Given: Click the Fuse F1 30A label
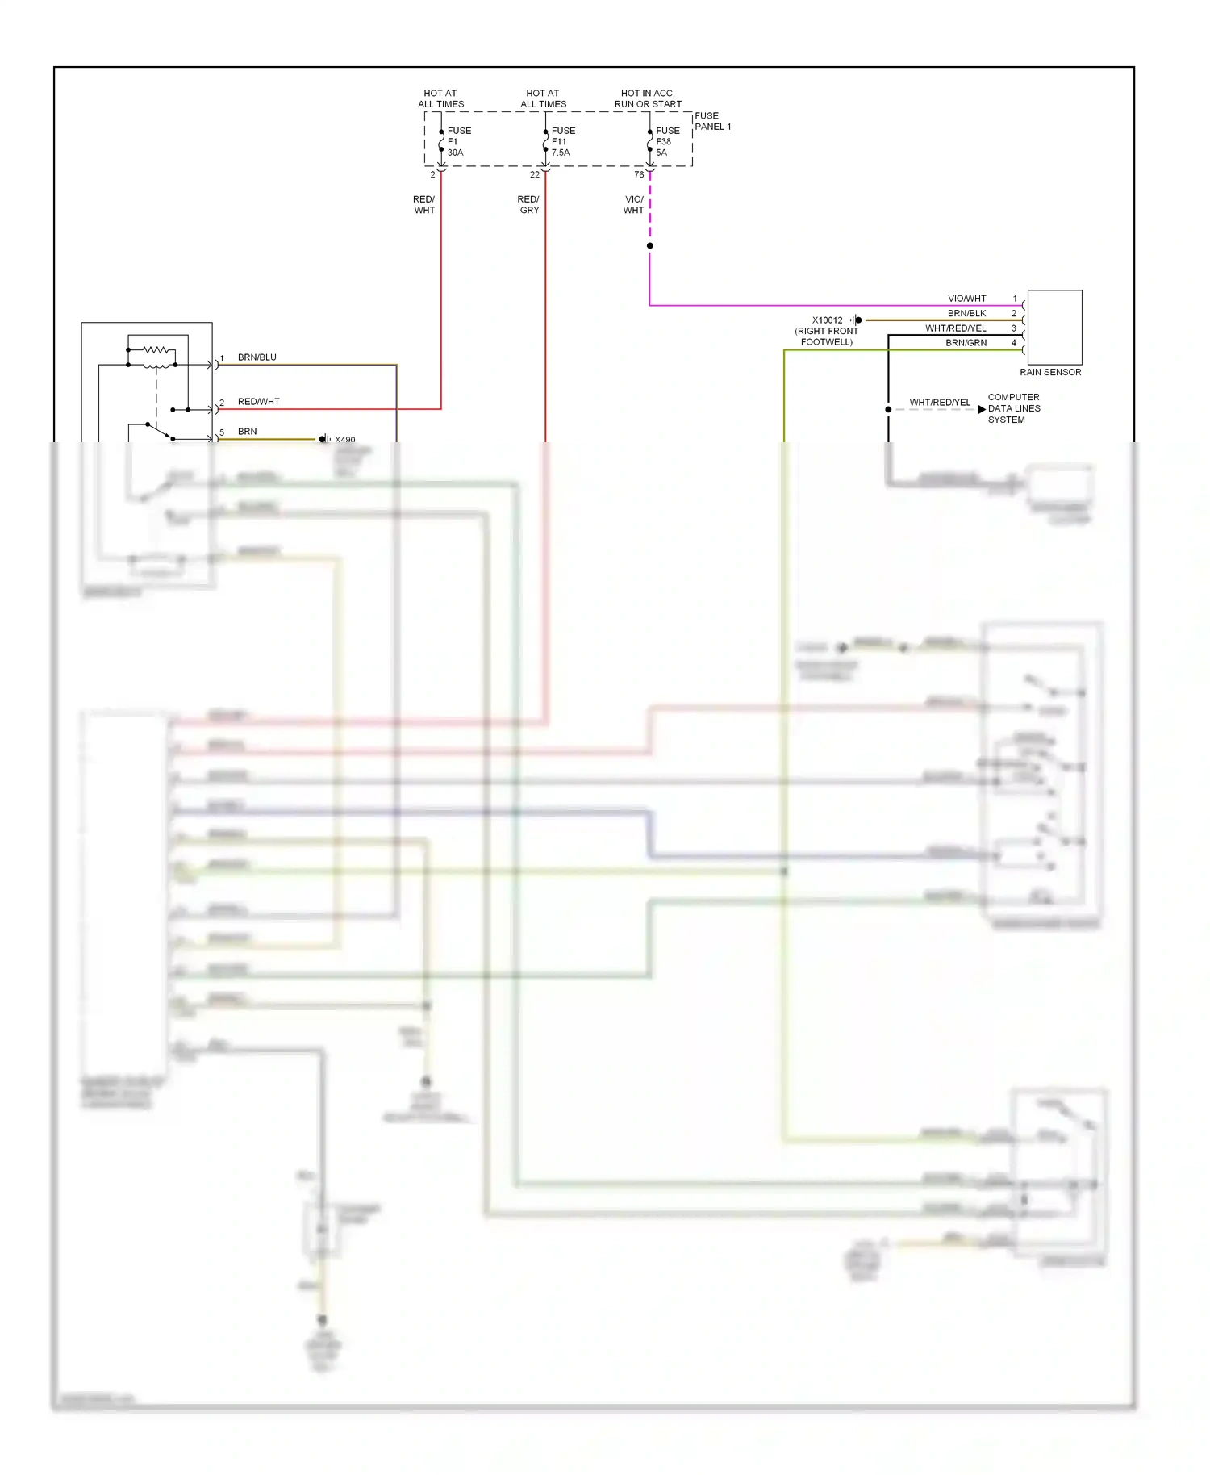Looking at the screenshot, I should click(x=458, y=141).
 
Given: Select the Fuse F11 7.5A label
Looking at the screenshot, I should click(x=562, y=141).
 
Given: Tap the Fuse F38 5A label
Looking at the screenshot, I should click(x=666, y=141).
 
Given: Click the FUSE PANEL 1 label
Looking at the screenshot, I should click(x=712, y=121).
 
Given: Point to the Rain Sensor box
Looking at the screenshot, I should click(x=1054, y=327).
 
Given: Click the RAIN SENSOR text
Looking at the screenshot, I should click(x=1049, y=372).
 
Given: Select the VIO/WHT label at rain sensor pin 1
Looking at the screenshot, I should click(x=966, y=299).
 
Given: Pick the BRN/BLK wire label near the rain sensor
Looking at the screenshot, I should click(x=966, y=313).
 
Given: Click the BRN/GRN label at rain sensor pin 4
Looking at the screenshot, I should click(x=966, y=343).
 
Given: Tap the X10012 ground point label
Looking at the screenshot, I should click(x=827, y=320).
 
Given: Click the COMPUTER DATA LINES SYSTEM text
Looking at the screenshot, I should click(x=1013, y=408).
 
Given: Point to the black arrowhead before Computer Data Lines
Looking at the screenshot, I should click(x=981, y=409).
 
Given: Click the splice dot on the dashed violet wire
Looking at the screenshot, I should click(x=649, y=245).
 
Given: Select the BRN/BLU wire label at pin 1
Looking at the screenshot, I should click(x=257, y=357).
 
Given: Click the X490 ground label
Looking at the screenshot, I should click(x=344, y=439).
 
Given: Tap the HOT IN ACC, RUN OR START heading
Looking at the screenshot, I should click(x=648, y=98).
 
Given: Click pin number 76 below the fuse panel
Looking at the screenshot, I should click(x=638, y=174).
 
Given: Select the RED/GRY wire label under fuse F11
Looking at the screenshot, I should click(x=528, y=204).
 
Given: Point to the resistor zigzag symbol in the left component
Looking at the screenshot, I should click(x=158, y=350).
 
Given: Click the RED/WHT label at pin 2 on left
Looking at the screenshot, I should click(x=258, y=401).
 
